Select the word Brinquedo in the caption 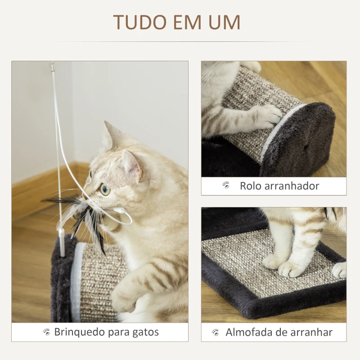click(x=80, y=332)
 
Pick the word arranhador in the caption click(x=292, y=186)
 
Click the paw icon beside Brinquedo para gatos click(x=47, y=332)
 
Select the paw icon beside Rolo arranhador click(x=226, y=185)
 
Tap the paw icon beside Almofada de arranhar click(x=216, y=332)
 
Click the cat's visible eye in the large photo click(x=105, y=189)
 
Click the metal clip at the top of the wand click(x=53, y=67)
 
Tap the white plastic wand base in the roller click(x=62, y=243)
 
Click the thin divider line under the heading click(x=180, y=42)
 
